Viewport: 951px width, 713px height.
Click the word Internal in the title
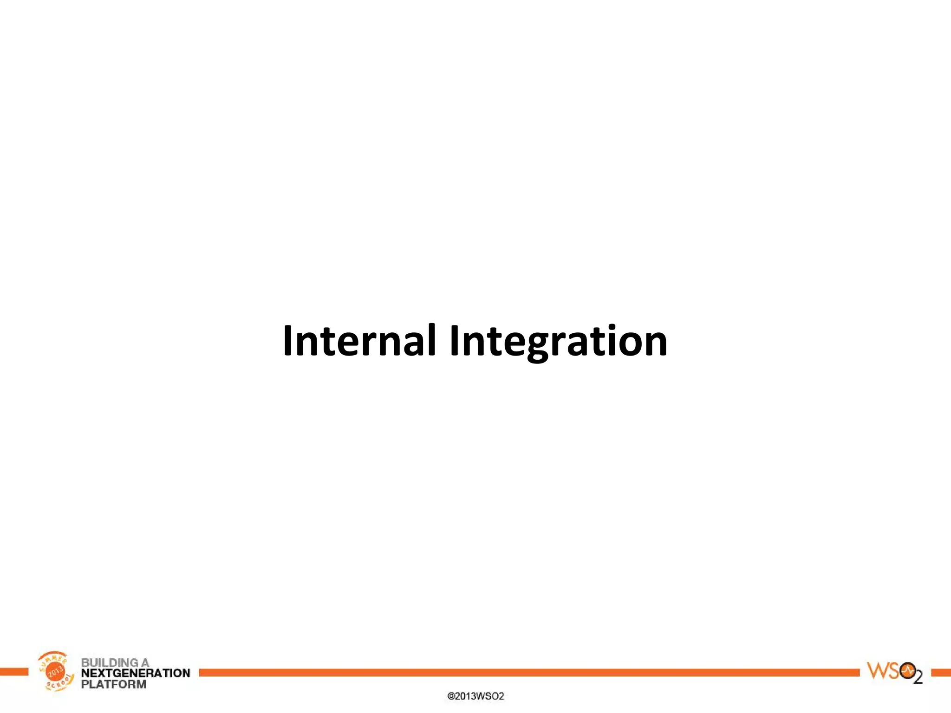(x=359, y=341)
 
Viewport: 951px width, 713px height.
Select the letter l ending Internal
(x=432, y=340)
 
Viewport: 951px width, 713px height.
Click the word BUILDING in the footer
(x=110, y=662)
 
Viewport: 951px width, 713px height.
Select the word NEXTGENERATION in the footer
(x=135, y=673)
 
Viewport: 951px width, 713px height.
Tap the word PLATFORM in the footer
(x=113, y=684)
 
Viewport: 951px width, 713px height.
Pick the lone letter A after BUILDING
(x=145, y=662)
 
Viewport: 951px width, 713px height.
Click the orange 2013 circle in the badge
(x=56, y=672)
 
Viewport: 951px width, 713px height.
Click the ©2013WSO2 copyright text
(x=475, y=696)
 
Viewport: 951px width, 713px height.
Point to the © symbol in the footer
(x=450, y=696)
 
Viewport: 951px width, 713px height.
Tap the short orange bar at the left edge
(x=14, y=672)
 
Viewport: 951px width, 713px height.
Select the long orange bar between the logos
(x=529, y=673)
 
